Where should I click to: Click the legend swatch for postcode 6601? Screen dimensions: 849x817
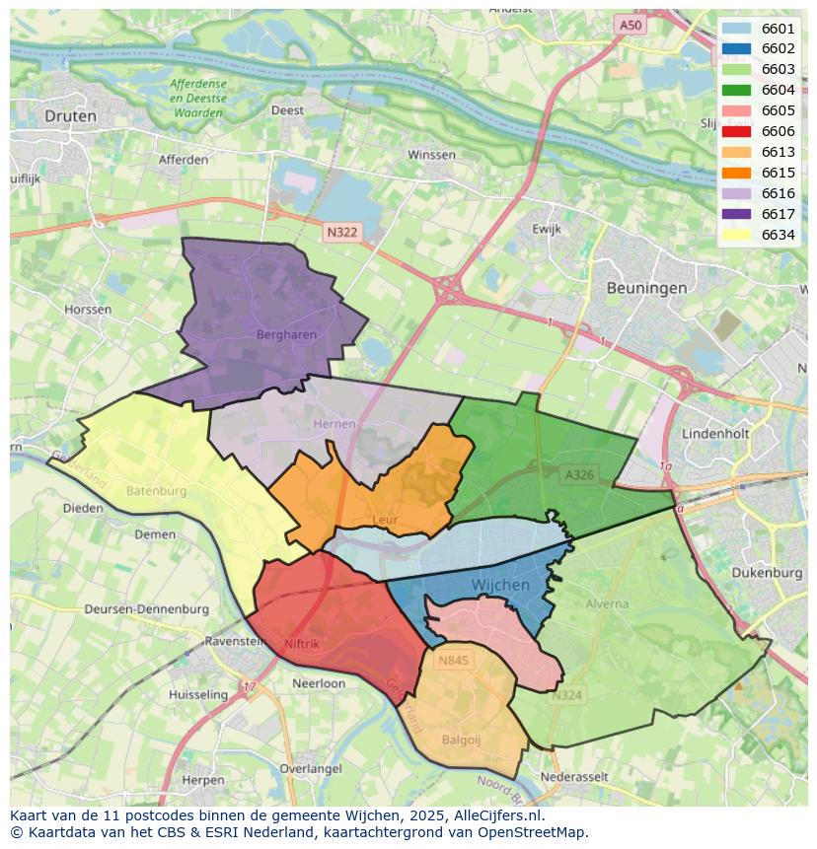(x=736, y=29)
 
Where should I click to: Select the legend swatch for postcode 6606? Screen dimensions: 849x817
(x=736, y=131)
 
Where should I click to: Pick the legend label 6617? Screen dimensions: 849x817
(x=778, y=214)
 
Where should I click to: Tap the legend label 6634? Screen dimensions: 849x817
(x=778, y=235)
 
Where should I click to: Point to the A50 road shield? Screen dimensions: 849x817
(x=631, y=25)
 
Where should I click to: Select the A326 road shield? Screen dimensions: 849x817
(x=579, y=475)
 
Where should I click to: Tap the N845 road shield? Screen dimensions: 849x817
(x=454, y=661)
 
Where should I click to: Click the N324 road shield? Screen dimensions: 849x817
(x=566, y=695)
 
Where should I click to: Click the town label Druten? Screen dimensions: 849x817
(x=71, y=116)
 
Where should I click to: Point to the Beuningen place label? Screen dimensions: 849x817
(x=646, y=288)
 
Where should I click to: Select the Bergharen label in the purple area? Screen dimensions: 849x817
(x=286, y=334)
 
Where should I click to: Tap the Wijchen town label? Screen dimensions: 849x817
(x=500, y=585)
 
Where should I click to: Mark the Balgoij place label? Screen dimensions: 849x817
(x=462, y=740)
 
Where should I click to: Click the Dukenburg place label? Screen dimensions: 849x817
(x=768, y=572)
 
